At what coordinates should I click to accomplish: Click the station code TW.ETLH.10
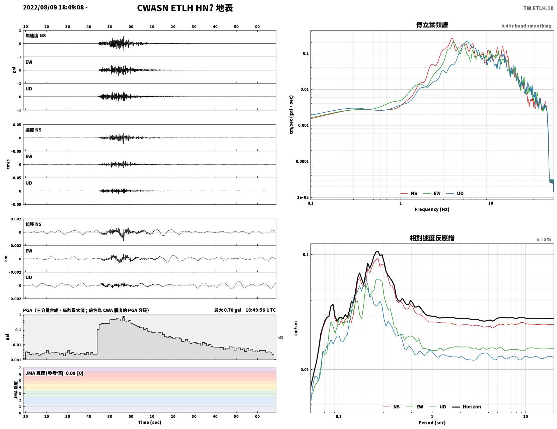[x=538, y=8]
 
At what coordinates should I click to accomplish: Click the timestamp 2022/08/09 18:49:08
[x=54, y=7]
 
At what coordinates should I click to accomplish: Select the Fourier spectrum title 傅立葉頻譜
[x=432, y=25]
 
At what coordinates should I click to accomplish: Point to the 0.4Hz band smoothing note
[x=526, y=26]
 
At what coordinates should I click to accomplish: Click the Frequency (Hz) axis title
[x=432, y=209]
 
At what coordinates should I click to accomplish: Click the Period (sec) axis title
[x=432, y=423]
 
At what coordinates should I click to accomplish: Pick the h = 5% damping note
[x=544, y=239]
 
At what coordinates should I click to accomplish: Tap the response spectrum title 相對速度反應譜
[x=432, y=238]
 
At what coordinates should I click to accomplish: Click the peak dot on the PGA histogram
[x=124, y=317]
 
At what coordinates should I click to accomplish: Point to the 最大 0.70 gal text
[x=228, y=310]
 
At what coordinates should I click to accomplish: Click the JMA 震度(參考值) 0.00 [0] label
[x=54, y=373]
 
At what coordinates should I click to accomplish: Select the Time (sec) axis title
[x=149, y=422]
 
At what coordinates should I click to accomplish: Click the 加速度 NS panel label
[x=36, y=36]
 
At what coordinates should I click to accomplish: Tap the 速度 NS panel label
[x=33, y=130]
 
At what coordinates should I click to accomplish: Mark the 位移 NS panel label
[x=33, y=224]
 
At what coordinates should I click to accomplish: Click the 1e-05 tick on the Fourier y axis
[x=303, y=197]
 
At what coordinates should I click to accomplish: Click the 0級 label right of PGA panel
[x=280, y=338]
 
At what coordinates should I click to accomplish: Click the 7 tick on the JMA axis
[x=20, y=368]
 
